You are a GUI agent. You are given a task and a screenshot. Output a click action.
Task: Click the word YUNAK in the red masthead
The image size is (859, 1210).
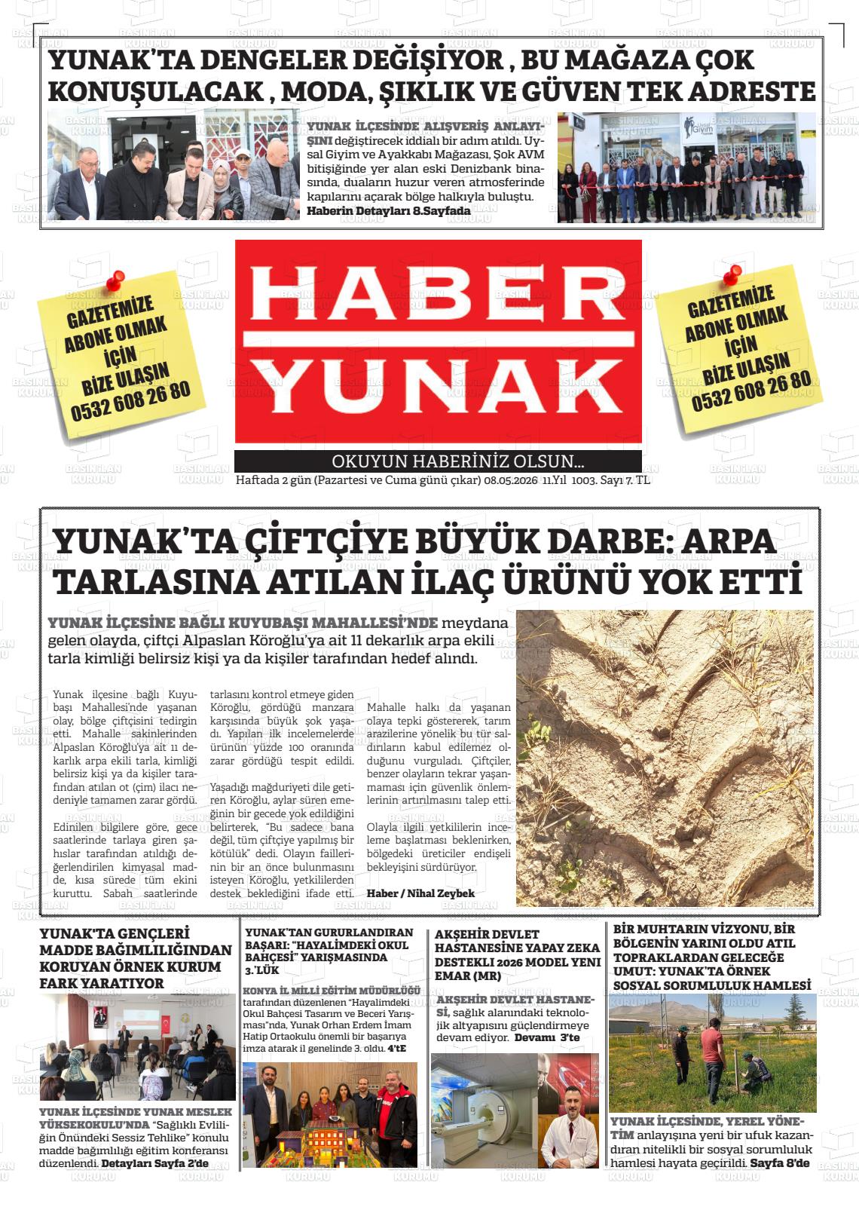tap(438, 385)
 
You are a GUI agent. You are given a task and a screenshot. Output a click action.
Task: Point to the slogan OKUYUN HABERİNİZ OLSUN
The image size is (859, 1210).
tap(458, 461)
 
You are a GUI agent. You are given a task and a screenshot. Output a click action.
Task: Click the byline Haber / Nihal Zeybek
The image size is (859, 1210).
tap(410, 893)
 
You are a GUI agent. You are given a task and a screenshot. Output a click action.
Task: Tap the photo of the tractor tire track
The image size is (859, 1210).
tap(665, 758)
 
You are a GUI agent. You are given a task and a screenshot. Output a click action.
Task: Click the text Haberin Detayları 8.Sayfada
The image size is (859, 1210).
tap(389, 211)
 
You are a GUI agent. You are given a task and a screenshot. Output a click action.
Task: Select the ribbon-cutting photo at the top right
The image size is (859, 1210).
tap(686, 167)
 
